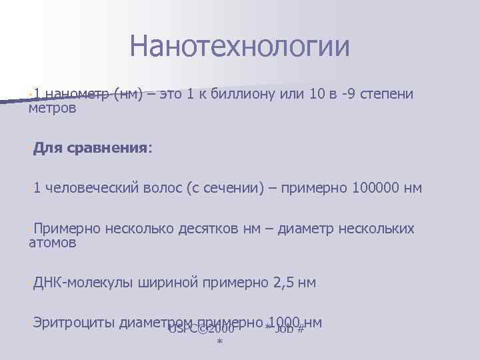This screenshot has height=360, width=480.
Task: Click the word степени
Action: pos(387,94)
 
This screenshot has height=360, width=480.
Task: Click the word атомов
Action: pos(53,243)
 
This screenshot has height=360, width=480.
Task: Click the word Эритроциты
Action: pos(73,323)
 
